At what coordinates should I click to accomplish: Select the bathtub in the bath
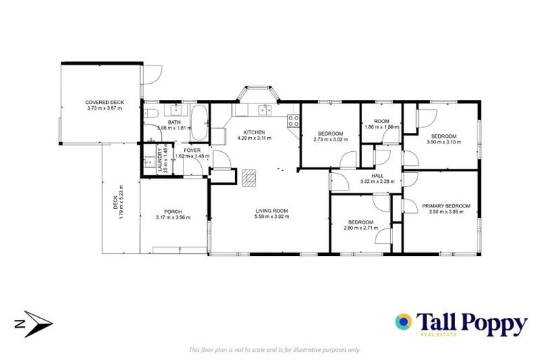pyautogui.click(x=200, y=122)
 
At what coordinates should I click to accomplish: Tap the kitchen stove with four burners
pyautogui.click(x=293, y=122)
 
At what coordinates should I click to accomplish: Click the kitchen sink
pyautogui.click(x=264, y=110)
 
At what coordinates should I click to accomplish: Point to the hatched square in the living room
pyautogui.click(x=248, y=179)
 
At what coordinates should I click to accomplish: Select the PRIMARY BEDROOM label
pyautogui.click(x=446, y=206)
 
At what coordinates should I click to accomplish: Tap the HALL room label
pyautogui.click(x=378, y=176)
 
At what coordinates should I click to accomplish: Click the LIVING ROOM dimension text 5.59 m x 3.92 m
pyautogui.click(x=271, y=217)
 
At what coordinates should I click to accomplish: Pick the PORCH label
pyautogui.click(x=173, y=212)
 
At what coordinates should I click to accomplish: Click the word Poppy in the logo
pyautogui.click(x=491, y=323)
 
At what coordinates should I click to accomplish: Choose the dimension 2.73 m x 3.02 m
pyautogui.click(x=330, y=139)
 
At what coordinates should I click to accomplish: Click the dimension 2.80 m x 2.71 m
pyautogui.click(x=359, y=229)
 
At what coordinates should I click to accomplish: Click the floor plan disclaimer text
pyautogui.click(x=275, y=349)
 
